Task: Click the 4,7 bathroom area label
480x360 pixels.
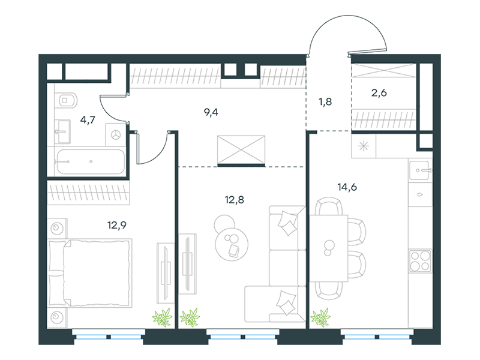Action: [x=88, y=119]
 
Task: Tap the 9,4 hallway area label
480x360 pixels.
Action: [x=211, y=112]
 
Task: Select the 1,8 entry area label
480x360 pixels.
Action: [x=325, y=101]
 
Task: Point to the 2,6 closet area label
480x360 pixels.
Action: [x=379, y=92]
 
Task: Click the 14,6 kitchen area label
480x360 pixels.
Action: [x=347, y=187]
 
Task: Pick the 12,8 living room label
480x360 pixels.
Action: [x=235, y=200]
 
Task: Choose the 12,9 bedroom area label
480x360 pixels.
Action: [x=117, y=226]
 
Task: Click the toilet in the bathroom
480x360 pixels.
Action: [x=66, y=100]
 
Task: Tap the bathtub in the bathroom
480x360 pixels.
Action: [x=91, y=161]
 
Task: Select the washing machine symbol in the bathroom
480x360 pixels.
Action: [x=115, y=134]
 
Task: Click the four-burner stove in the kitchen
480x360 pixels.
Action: [x=421, y=260]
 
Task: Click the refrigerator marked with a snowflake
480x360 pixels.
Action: [x=364, y=146]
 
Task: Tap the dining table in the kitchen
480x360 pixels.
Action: [x=329, y=248]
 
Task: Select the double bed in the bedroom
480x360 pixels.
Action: [x=91, y=273]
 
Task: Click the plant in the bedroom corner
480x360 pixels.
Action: [x=162, y=317]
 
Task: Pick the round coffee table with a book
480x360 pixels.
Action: [x=232, y=244]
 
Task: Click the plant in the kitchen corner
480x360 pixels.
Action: [x=320, y=317]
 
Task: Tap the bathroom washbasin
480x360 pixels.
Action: [x=63, y=131]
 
